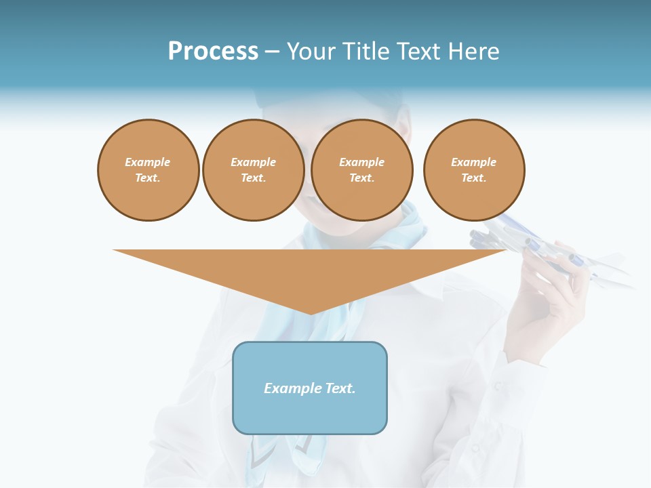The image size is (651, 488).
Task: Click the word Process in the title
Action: pos(213,52)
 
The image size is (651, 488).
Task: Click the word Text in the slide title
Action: pos(420,52)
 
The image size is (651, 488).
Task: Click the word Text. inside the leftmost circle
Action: pos(148,178)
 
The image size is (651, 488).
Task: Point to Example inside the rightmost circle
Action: pos(474,162)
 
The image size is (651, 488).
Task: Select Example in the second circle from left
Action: pos(254,162)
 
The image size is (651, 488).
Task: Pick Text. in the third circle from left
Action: pos(362,178)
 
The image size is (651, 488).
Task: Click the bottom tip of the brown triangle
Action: pos(311,312)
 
